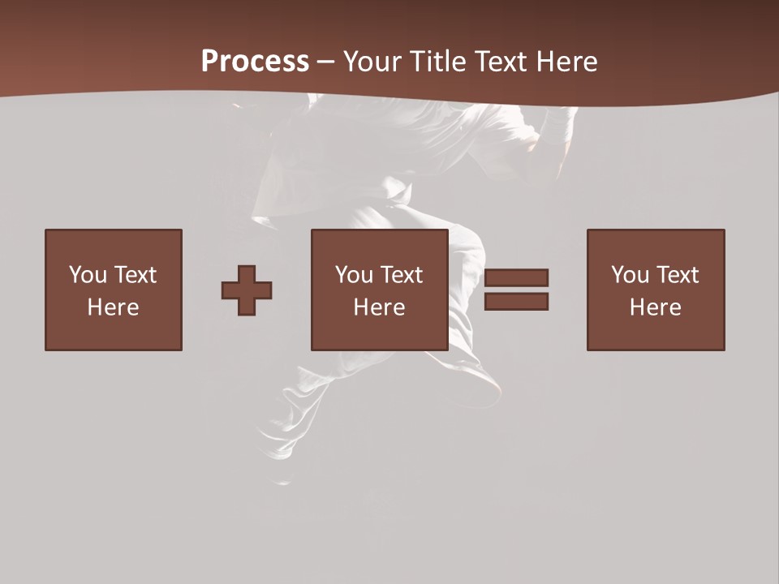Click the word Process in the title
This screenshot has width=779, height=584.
pyautogui.click(x=255, y=62)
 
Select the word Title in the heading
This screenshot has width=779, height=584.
pyautogui.click(x=441, y=62)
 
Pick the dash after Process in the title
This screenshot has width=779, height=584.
pyautogui.click(x=325, y=62)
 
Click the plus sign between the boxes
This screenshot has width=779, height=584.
pyautogui.click(x=247, y=290)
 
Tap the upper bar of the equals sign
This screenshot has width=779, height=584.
pyautogui.click(x=516, y=277)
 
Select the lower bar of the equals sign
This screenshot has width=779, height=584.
pyautogui.click(x=516, y=302)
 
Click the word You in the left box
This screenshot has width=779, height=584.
pyautogui.click(x=88, y=275)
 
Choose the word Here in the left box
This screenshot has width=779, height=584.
pyautogui.click(x=113, y=307)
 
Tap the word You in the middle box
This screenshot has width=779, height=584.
pyautogui.click(x=354, y=275)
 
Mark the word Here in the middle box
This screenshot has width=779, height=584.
pyautogui.click(x=379, y=307)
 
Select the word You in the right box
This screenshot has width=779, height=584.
pyautogui.click(x=630, y=275)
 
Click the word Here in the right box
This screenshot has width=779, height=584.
pyautogui.click(x=655, y=307)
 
